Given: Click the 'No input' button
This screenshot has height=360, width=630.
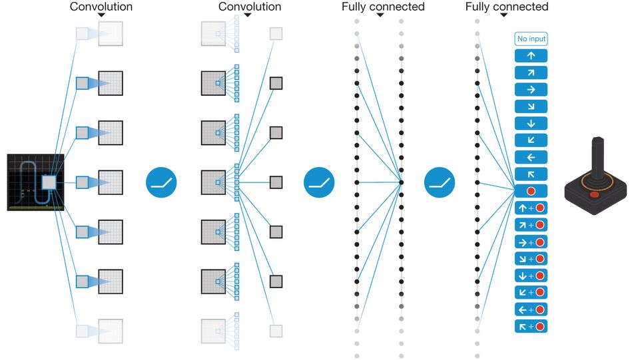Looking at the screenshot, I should coord(531,39).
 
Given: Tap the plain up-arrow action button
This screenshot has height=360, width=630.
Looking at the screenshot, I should coord(531,56).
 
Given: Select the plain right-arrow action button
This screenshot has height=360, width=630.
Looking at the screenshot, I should coord(531,89).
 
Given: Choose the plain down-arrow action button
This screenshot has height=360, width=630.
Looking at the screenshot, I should coord(531,123).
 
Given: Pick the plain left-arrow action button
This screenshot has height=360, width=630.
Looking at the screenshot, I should coord(531,157).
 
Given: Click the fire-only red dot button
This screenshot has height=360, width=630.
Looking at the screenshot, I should coord(531,191).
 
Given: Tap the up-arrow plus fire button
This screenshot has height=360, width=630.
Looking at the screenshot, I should coord(531,208).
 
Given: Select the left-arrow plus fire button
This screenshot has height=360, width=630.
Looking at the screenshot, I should coord(531,309).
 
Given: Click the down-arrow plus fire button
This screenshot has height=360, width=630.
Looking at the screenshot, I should coord(531,275).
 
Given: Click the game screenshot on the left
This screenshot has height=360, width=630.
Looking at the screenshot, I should coord(35,182).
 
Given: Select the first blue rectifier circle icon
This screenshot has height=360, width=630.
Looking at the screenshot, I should coord(161,182).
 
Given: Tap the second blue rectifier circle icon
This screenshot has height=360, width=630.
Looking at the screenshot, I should coord(319,182).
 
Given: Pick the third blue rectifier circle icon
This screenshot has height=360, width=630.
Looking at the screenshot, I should coord(440,182).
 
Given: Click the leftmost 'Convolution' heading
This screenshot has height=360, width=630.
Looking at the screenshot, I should coord(101,7).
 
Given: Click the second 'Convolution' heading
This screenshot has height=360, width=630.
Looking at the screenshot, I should coord(250,7).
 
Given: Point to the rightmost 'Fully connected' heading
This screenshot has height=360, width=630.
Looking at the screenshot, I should coord(507,7).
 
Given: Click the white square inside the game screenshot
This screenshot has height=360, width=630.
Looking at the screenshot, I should coord(49,182).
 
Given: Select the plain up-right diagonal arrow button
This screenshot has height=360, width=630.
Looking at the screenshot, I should coord(531,73).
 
